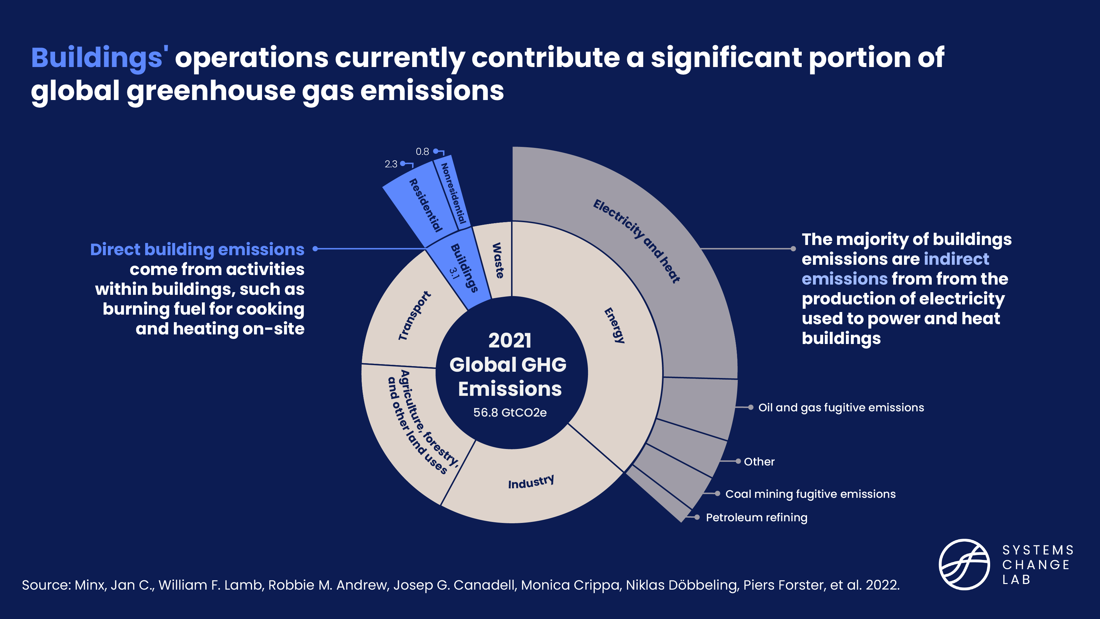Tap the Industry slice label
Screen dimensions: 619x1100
tap(531, 482)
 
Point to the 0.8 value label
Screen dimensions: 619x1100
tap(422, 152)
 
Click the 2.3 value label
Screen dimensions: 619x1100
tap(391, 164)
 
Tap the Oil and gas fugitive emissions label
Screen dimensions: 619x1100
tap(840, 407)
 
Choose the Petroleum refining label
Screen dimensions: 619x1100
tap(756, 517)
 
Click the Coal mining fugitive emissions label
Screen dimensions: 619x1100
tap(810, 494)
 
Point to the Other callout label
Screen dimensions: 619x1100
tap(759, 462)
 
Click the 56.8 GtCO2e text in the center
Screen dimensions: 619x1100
tap(510, 413)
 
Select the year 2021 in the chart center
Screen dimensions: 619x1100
tap(510, 340)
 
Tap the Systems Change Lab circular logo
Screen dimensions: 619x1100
tap(964, 564)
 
